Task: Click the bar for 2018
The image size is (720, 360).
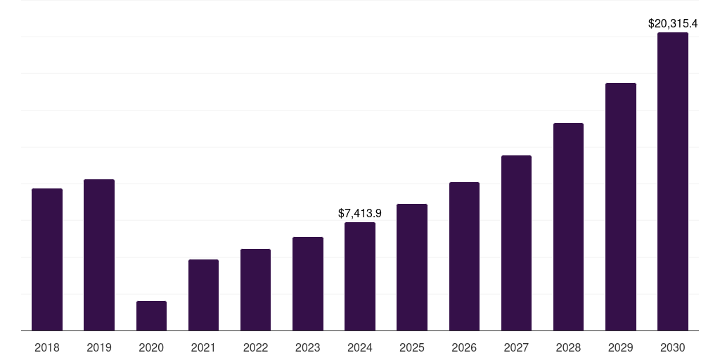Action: click(47, 259)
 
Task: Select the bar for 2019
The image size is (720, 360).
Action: click(99, 255)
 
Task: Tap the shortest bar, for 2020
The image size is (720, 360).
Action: click(151, 316)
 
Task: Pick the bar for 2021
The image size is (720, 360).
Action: click(203, 295)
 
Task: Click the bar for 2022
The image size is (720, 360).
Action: click(255, 290)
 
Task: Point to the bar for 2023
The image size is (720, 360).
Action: click(308, 283)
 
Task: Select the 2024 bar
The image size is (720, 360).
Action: click(360, 276)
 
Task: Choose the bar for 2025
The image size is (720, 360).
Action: click(412, 267)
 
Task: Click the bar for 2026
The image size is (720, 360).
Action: click(464, 256)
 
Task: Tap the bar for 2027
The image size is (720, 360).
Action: click(516, 243)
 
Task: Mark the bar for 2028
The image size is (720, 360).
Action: click(568, 226)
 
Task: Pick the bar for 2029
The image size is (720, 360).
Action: click(621, 207)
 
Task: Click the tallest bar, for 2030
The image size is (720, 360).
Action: click(673, 181)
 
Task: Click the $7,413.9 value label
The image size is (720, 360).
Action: click(360, 212)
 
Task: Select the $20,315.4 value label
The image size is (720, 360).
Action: click(673, 23)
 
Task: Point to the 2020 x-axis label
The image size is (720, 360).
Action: click(151, 347)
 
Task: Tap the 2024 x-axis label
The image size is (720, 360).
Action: click(360, 347)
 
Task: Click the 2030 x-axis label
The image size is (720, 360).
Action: click(673, 347)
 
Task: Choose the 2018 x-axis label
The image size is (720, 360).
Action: click(47, 347)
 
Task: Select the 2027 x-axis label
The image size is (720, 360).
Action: click(516, 347)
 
